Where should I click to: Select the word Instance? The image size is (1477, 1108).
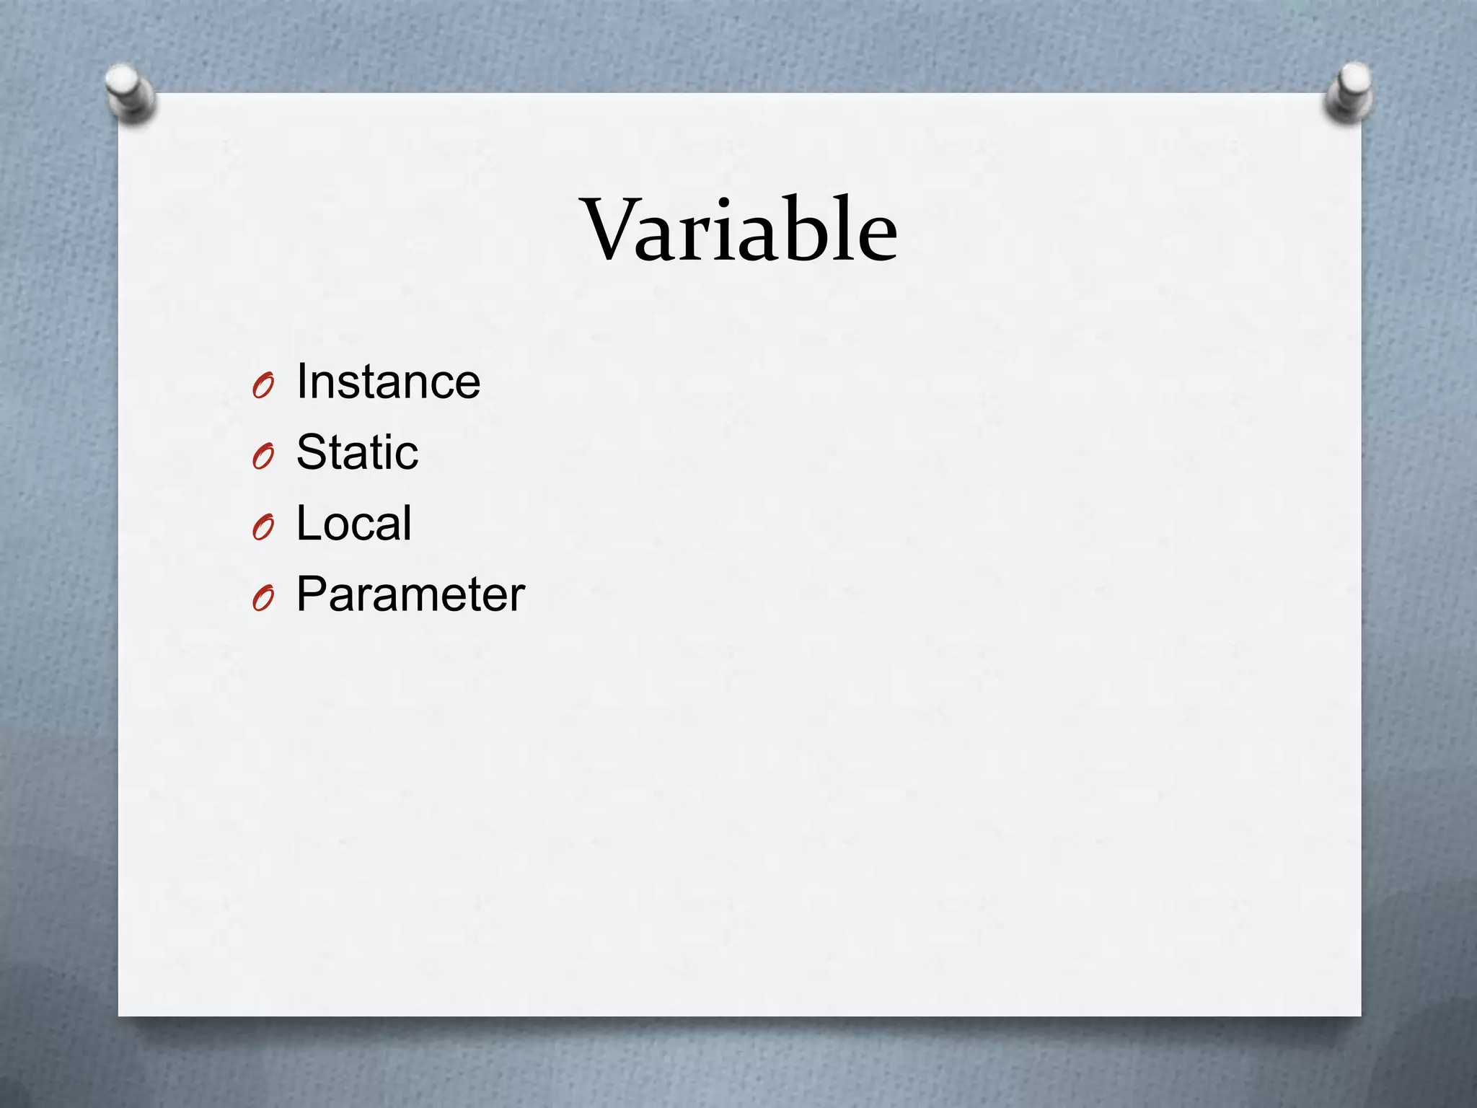pos(388,382)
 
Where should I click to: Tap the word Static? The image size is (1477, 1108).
pos(357,452)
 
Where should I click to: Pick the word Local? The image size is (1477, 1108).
pos(353,523)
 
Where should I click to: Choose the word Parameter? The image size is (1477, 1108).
pos(410,594)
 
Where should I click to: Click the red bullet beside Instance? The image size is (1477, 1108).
pos(263,387)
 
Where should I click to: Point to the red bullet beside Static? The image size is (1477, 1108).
pos(263,457)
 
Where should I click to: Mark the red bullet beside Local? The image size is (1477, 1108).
pos(263,528)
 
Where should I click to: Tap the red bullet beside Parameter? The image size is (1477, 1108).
pos(263,599)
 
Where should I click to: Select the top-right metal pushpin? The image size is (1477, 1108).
pos(1349,92)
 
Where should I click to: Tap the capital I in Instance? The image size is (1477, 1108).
pos(302,382)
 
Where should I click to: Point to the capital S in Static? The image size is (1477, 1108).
pos(312,452)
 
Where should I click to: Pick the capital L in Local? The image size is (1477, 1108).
pos(308,523)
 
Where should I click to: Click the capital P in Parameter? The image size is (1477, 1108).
pos(314,594)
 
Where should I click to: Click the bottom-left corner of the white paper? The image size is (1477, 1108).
pos(120,1015)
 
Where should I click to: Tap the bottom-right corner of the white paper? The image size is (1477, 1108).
pos(1359,1015)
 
